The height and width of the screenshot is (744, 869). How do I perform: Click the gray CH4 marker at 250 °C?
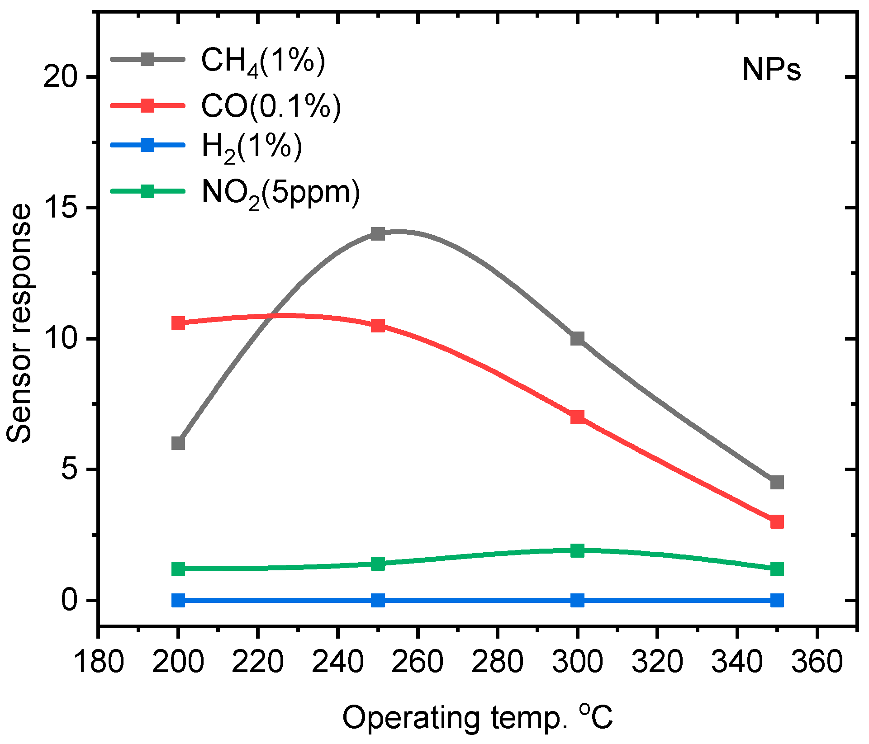[378, 234]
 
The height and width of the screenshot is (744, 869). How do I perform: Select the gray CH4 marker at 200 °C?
[178, 443]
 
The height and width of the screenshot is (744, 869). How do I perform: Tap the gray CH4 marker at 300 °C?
[577, 338]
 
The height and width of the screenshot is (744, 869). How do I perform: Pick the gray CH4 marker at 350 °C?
[777, 482]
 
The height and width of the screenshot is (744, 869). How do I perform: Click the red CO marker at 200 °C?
[178, 323]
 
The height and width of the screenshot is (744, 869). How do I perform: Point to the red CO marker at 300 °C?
[577, 417]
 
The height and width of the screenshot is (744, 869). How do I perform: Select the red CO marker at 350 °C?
[777, 521]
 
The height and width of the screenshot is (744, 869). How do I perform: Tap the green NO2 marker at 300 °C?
[577, 550]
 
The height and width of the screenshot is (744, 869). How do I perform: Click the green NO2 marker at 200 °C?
[178, 569]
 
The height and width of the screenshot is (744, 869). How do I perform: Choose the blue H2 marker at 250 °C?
[378, 600]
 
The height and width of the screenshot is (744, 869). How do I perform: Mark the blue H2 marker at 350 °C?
[777, 600]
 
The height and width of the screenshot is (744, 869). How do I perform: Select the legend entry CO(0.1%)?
[271, 106]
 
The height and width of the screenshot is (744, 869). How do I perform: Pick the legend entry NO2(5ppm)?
[280, 193]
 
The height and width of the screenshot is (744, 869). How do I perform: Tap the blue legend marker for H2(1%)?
[147, 145]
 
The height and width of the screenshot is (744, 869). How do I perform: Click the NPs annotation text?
[771, 70]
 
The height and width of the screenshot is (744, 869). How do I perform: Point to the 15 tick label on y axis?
[61, 208]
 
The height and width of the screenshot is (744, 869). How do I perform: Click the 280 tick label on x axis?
[497, 662]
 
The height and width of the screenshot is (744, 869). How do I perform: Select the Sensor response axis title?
[19, 323]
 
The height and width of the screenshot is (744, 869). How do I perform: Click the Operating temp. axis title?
[477, 718]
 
